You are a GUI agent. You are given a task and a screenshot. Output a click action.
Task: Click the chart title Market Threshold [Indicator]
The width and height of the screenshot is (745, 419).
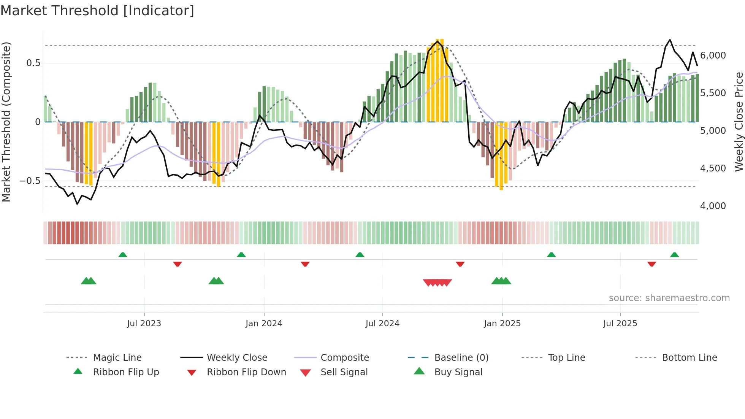[x=97, y=11]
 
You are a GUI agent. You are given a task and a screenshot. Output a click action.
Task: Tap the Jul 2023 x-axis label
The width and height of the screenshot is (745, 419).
[x=144, y=324]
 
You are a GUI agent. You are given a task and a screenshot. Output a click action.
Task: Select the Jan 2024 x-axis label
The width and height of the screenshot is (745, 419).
[x=264, y=324]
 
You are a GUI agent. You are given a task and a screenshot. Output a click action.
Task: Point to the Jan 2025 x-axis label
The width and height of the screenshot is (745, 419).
[x=502, y=324]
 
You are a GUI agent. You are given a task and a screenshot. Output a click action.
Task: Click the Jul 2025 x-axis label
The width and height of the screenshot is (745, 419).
[x=620, y=324]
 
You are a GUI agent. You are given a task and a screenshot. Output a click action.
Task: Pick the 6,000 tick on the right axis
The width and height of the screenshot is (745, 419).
[x=713, y=56]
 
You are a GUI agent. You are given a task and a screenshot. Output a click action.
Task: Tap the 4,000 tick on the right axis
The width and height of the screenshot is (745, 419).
[x=713, y=206]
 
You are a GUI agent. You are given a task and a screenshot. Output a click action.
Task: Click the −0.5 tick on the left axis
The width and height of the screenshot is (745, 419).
[x=30, y=181]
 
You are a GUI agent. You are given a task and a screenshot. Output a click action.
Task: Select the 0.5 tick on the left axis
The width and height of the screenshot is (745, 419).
[x=33, y=63]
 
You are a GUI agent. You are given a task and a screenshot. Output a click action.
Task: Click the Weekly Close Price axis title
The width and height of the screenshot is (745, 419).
[x=739, y=122]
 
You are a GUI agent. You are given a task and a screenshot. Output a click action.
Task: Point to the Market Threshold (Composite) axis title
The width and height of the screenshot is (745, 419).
[x=6, y=122]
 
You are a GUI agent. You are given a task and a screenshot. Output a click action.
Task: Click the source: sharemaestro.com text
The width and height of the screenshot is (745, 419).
[x=669, y=298]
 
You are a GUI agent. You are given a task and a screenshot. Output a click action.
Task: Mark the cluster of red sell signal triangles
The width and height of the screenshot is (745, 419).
[x=437, y=283]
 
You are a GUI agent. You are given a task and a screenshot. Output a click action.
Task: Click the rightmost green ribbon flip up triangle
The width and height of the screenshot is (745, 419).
[x=674, y=255]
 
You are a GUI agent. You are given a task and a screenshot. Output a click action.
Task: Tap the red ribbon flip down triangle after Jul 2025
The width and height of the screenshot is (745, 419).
[x=651, y=264]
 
